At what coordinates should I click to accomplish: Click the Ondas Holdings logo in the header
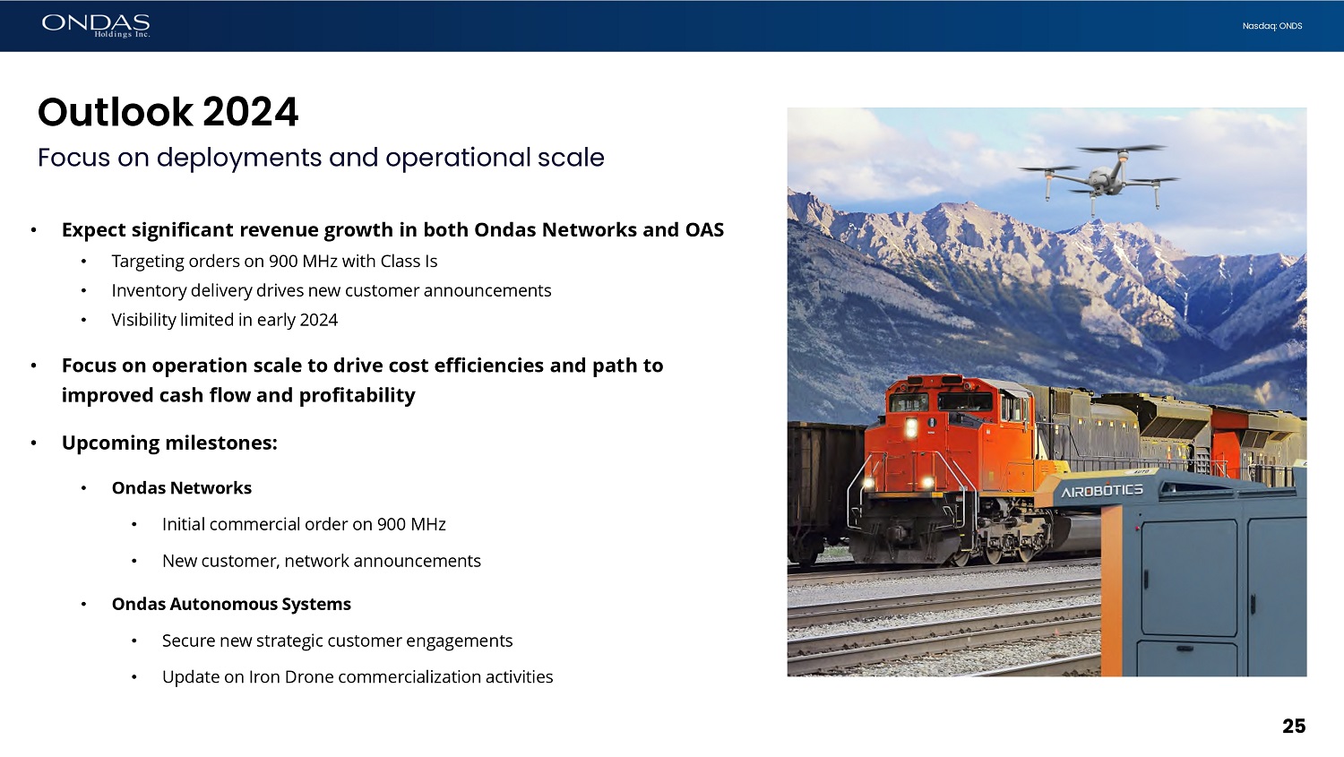(96, 26)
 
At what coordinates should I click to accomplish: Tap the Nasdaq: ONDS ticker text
(1272, 26)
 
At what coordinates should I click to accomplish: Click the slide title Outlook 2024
(168, 112)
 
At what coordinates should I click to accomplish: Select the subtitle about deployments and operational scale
(321, 158)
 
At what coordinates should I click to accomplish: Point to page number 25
(1294, 727)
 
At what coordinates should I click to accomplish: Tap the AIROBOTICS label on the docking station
(1101, 491)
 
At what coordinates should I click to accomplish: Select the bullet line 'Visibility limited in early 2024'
(224, 320)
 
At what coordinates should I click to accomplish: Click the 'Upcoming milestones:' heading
(170, 443)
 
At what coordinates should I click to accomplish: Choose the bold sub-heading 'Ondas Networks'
(182, 487)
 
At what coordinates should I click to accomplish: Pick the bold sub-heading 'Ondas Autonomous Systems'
(231, 604)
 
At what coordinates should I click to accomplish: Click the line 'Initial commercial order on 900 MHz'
(304, 524)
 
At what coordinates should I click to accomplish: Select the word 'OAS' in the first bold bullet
(704, 229)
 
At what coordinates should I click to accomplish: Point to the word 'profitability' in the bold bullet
(357, 395)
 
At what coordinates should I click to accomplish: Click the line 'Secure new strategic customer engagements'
(337, 641)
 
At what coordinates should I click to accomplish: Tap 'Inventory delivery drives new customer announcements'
(332, 290)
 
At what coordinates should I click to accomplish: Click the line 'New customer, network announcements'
(322, 561)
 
